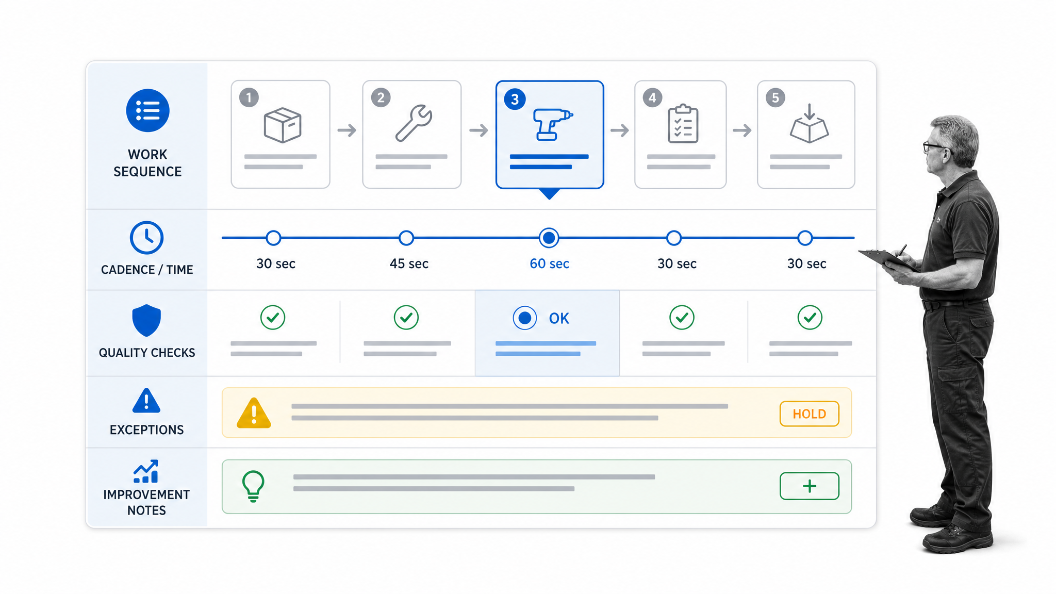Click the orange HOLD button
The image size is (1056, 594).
(809, 414)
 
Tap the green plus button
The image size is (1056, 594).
(809, 486)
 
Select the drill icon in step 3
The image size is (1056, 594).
(552, 124)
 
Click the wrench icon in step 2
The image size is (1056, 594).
(414, 123)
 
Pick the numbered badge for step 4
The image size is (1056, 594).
(652, 97)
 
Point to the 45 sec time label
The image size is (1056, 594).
(409, 263)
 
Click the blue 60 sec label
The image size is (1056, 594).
(549, 263)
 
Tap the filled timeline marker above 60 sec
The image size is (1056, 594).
(549, 238)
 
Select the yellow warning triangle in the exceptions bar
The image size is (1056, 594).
(254, 413)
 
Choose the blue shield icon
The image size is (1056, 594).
(146, 320)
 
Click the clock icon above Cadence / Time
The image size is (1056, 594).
(146, 238)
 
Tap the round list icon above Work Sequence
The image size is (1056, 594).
(147, 110)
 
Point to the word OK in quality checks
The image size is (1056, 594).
(559, 318)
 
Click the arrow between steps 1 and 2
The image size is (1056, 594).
(346, 130)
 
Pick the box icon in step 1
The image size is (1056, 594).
(283, 125)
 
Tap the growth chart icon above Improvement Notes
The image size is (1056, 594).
(146, 471)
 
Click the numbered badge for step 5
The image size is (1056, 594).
(775, 97)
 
